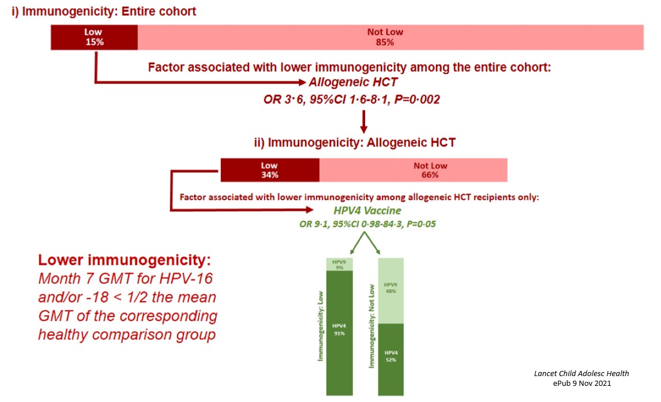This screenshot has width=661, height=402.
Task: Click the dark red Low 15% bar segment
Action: click(95, 37)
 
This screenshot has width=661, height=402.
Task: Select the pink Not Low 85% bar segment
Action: click(390, 37)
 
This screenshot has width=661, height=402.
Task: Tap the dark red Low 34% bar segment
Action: click(270, 170)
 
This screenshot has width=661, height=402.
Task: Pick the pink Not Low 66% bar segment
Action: click(413, 170)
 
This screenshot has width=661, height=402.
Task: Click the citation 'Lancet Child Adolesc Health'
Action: click(581, 374)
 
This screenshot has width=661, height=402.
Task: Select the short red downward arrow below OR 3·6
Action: click(363, 120)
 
